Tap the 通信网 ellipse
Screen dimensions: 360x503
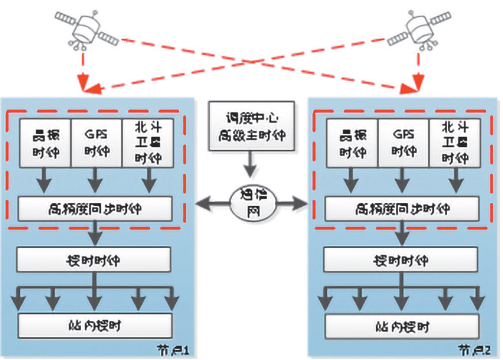[x=250, y=203]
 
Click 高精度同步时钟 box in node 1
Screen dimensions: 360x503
[x=94, y=209]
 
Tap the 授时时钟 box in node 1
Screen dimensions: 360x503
[x=94, y=260]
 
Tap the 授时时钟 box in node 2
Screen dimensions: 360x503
[x=402, y=260]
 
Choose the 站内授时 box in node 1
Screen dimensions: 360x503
[x=94, y=326]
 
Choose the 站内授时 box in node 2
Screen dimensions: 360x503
[x=402, y=326]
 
